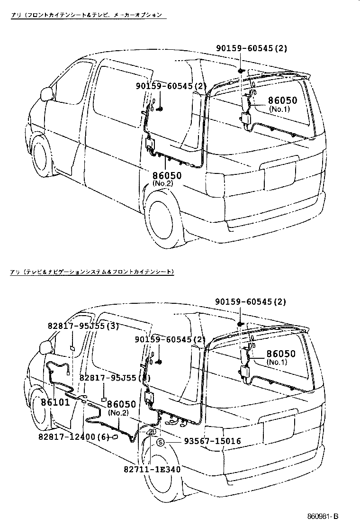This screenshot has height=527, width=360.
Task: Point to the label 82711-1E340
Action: pos(152,469)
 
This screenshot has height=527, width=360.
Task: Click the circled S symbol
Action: pos(161,442)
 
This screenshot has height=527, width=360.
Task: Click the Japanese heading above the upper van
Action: pos(88,15)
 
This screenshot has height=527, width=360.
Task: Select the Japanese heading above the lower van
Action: pos(93,272)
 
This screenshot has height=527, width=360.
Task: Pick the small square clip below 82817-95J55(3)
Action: pos(72,348)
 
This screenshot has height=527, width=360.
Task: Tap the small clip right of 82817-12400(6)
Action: pos(115,437)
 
